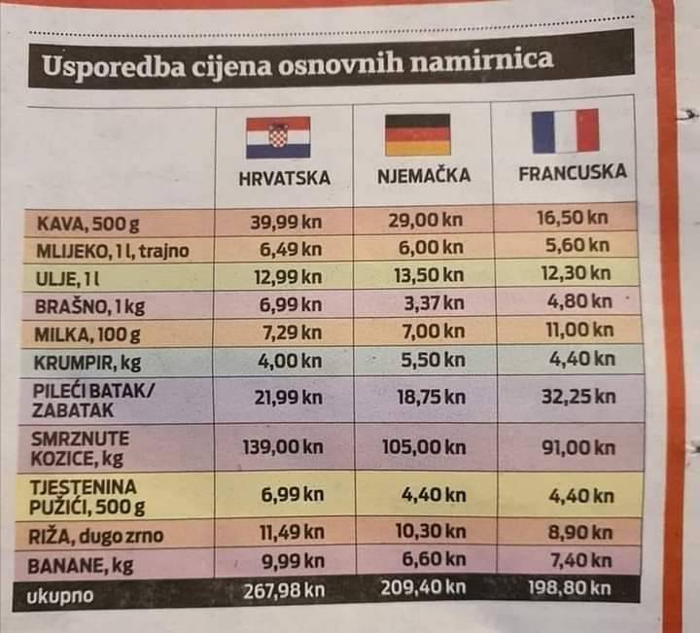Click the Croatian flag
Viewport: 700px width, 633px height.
278,137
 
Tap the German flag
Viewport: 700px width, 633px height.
417,135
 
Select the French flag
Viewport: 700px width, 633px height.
566,132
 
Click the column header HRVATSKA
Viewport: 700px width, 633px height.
284,178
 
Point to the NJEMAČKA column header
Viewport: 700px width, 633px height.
423,176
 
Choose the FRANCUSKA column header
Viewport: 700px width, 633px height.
572,172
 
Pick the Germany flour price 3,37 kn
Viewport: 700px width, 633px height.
434,302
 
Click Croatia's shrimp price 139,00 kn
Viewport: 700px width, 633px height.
283,448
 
